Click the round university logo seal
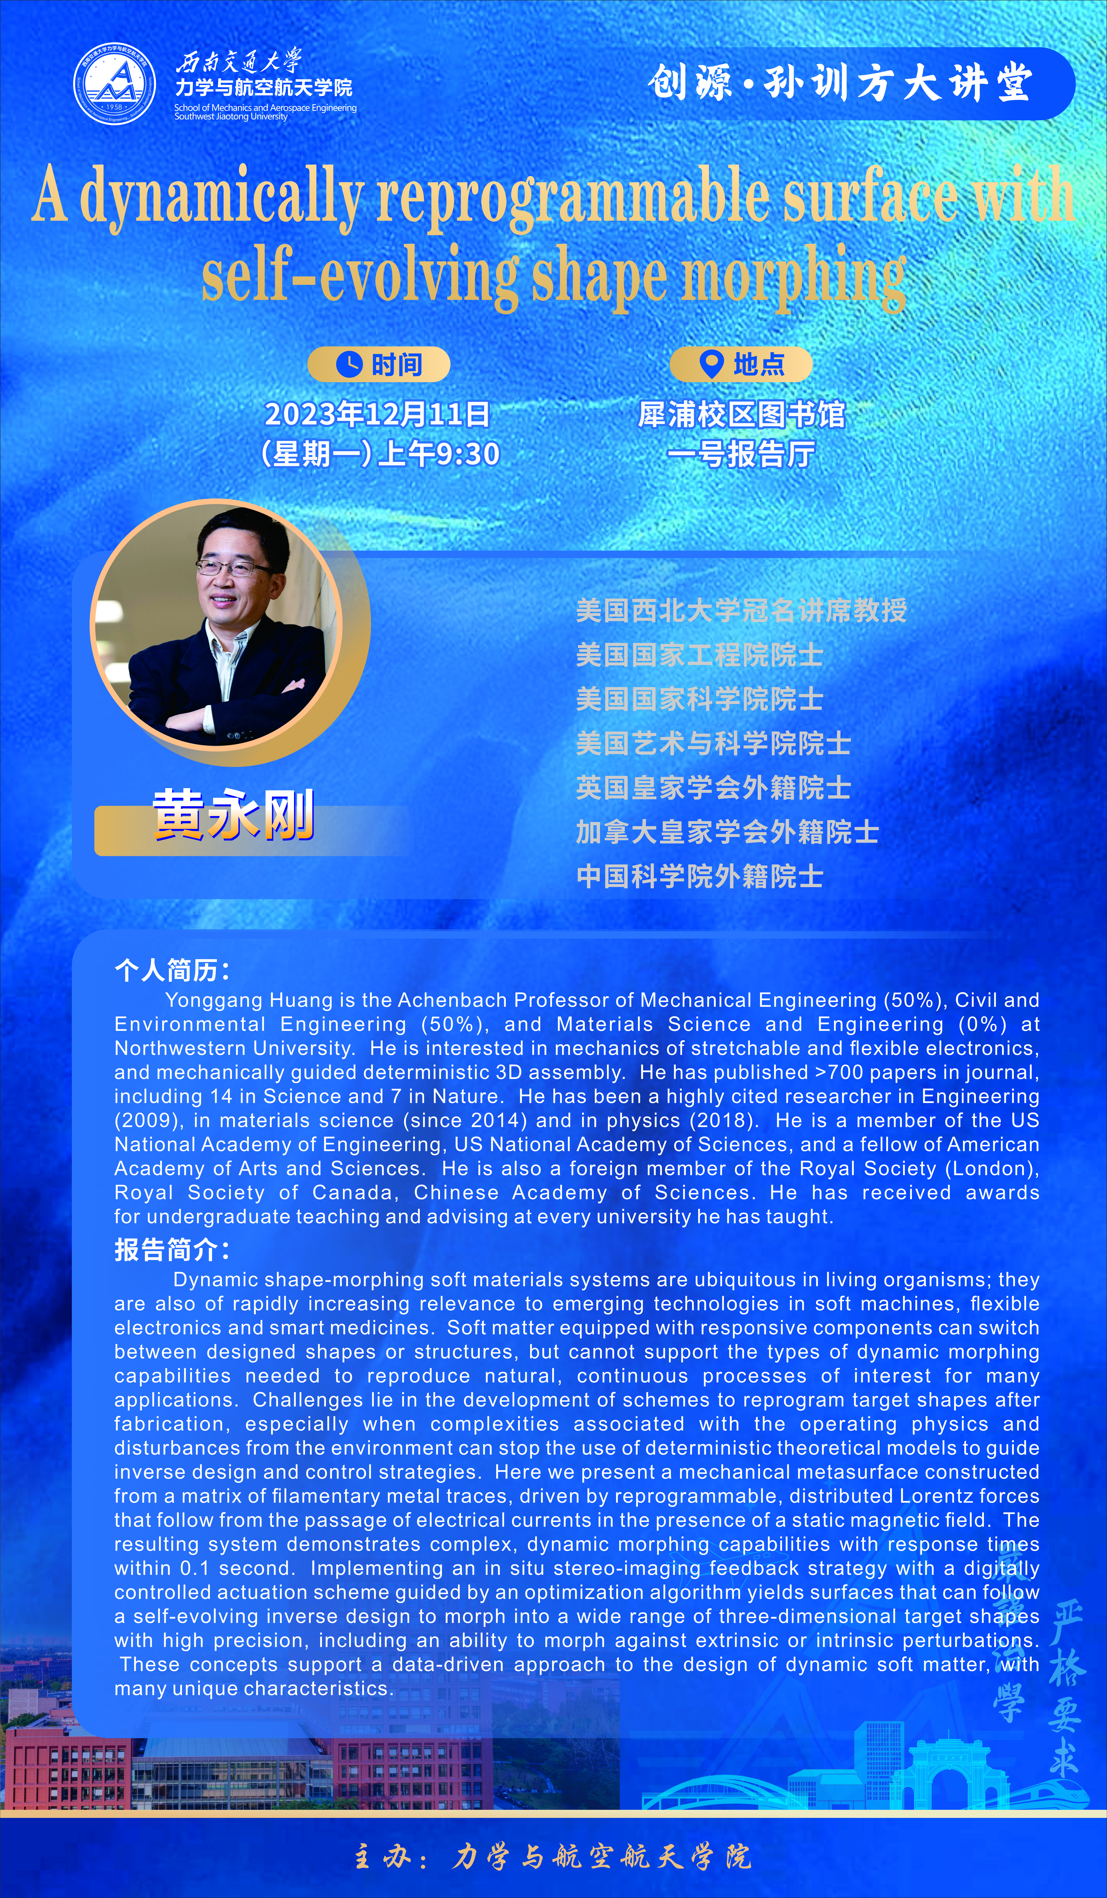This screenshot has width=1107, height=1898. click(114, 84)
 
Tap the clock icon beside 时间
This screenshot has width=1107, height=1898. click(349, 365)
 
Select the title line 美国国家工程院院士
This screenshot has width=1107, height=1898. click(699, 655)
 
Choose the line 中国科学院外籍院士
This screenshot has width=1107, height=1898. click(699, 876)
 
